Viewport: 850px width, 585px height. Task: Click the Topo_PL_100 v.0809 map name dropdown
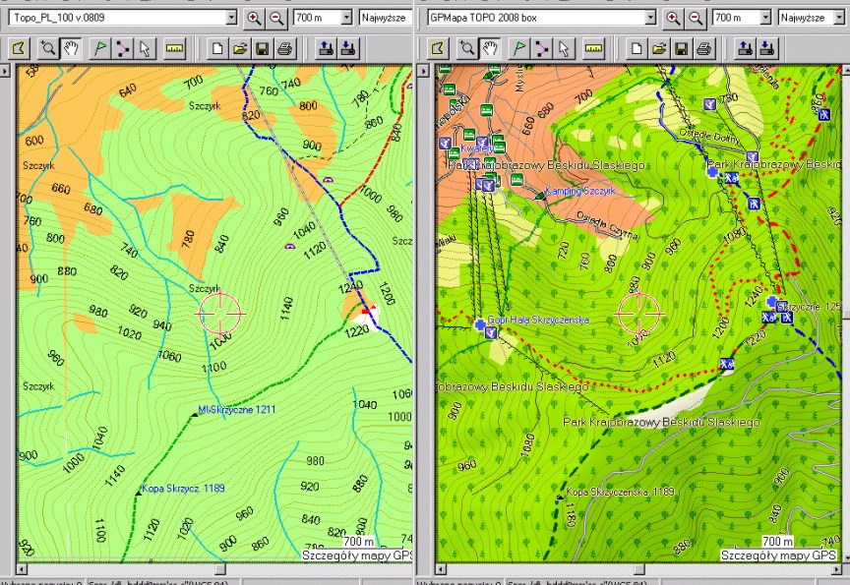[123, 18]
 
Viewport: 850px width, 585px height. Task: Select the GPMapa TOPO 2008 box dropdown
[541, 18]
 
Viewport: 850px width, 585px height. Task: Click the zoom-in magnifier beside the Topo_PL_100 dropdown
[255, 18]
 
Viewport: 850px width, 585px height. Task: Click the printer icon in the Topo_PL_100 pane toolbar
[284, 47]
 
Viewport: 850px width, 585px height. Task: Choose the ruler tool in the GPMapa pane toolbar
[594, 47]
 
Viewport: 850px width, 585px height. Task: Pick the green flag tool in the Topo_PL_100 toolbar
[99, 47]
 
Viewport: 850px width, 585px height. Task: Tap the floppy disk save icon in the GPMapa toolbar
[681, 47]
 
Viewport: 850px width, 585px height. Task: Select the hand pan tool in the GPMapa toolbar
[490, 47]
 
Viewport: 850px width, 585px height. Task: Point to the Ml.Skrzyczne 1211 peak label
[236, 409]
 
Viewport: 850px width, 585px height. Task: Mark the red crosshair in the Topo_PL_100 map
[220, 312]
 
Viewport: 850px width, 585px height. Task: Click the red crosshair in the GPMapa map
[640, 312]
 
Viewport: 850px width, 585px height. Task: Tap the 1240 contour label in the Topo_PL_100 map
[350, 288]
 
